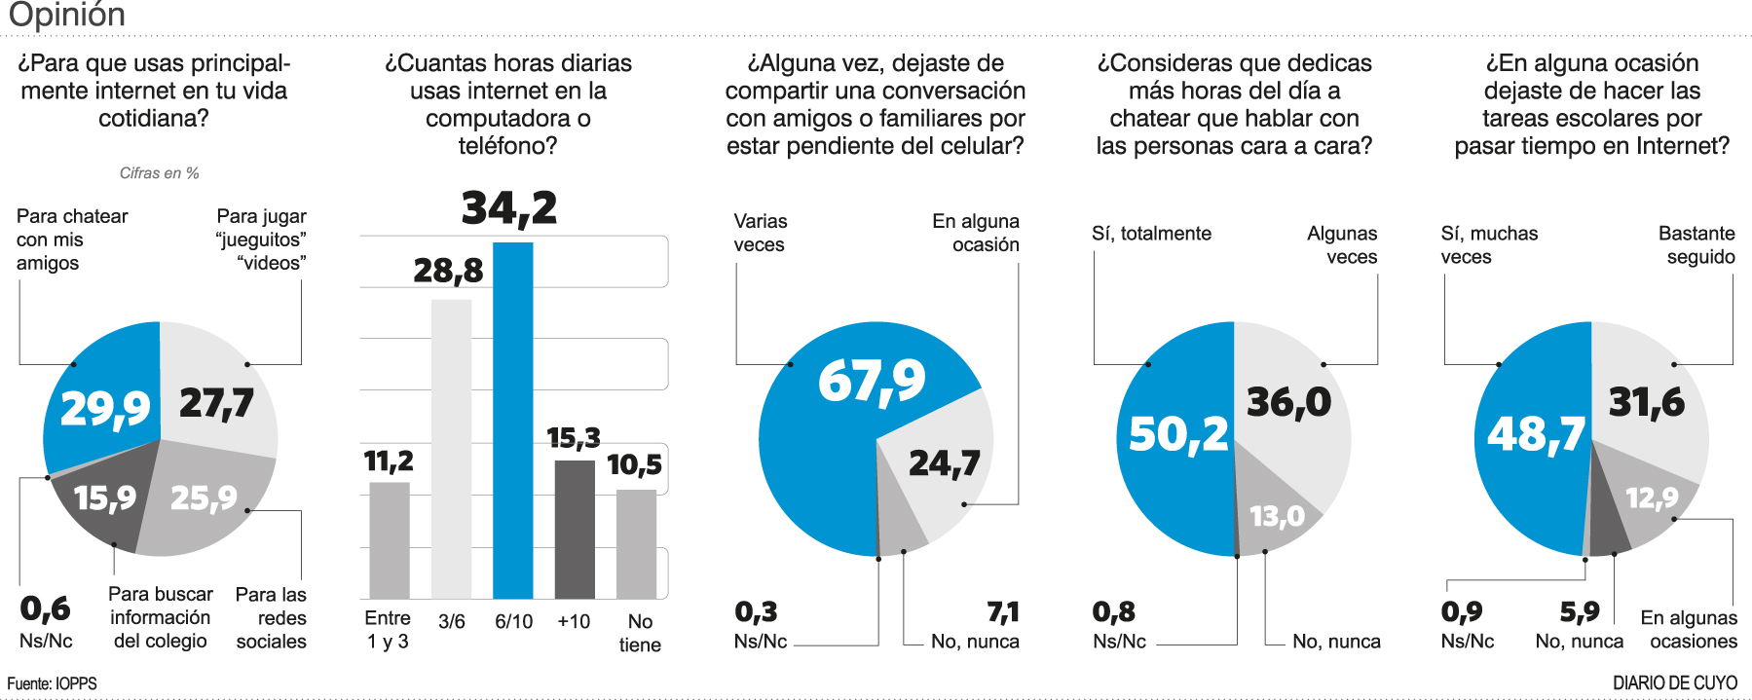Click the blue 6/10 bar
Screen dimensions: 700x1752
coord(513,419)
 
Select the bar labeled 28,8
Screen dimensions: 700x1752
coord(451,448)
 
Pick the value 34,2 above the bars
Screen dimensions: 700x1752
coord(509,207)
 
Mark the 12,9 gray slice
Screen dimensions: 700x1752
coord(1652,498)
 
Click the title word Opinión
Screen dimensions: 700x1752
coord(66,15)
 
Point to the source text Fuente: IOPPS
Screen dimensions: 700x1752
coord(53,683)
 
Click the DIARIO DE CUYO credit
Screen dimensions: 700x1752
coord(1675,683)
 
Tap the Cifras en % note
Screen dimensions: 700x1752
coord(160,173)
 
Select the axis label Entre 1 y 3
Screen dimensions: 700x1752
coord(388,630)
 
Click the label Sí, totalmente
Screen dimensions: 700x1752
coord(1151,234)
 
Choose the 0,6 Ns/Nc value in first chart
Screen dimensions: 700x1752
coord(45,609)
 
